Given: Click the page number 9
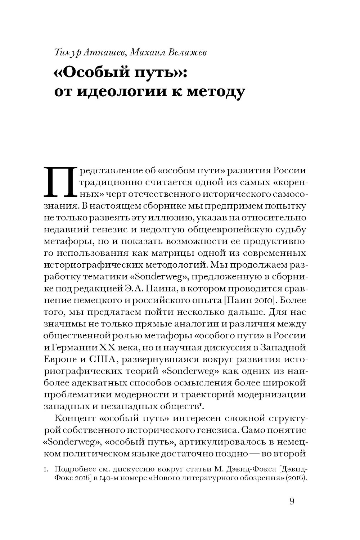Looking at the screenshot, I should click(292, 501).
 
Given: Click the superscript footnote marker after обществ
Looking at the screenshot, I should click(200, 405).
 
